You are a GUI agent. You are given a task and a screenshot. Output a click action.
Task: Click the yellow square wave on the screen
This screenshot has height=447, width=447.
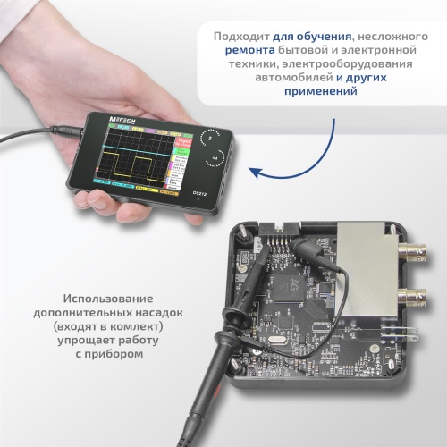click(134, 163)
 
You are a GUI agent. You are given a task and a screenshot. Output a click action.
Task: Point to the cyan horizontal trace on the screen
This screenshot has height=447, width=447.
click(134, 144)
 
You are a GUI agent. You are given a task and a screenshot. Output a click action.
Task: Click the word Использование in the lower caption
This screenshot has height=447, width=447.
click(108, 299)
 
